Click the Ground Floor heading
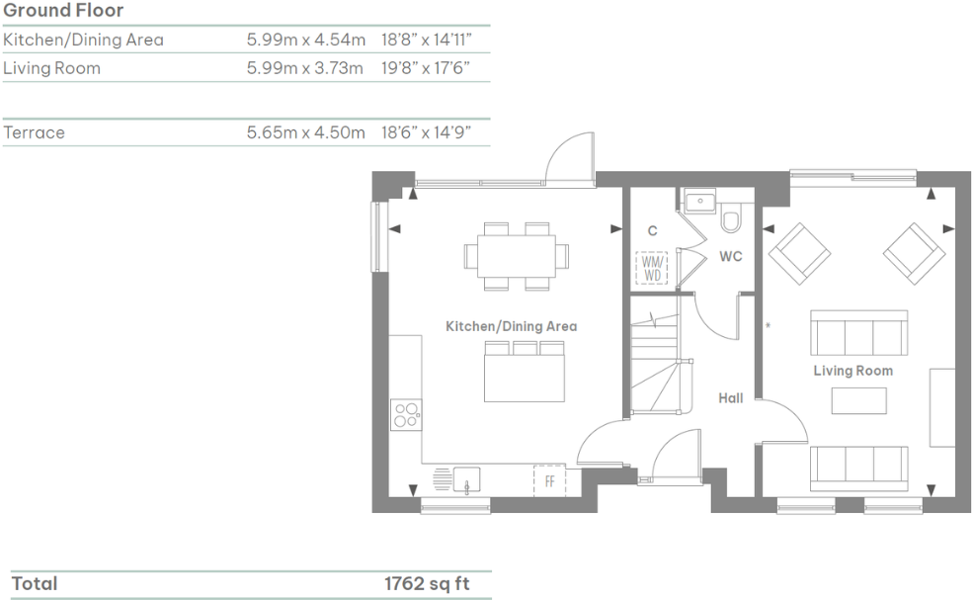(64, 11)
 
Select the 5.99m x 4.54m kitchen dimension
(305, 41)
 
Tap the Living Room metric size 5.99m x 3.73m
(305, 69)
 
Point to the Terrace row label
(35, 132)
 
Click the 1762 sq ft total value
(427, 583)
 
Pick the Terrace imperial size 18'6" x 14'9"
(425, 132)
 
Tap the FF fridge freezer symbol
(549, 480)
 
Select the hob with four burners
(405, 413)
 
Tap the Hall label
(731, 398)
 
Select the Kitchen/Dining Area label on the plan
(511, 326)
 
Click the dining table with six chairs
(517, 256)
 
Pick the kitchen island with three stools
(524, 373)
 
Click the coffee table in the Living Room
(858, 400)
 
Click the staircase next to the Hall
(655, 361)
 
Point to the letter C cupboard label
(652, 231)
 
